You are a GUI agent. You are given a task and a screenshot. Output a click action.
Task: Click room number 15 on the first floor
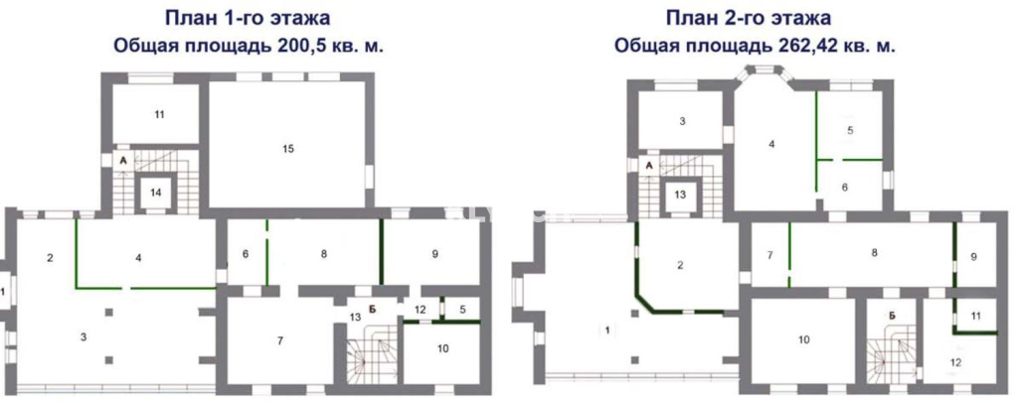click(288, 148)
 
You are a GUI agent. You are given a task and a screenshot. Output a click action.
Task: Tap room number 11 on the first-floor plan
click(160, 115)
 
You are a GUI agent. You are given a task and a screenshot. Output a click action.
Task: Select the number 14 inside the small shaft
click(156, 192)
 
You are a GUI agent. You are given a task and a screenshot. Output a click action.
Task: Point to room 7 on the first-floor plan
click(279, 341)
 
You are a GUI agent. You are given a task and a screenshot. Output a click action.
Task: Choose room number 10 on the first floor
click(442, 348)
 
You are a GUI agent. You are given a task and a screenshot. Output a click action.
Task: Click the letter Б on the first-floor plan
click(374, 310)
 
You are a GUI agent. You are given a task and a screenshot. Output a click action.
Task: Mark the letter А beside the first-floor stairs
click(122, 160)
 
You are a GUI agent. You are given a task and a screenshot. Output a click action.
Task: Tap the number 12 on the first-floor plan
click(421, 309)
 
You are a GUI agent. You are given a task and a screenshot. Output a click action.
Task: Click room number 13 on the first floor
click(354, 317)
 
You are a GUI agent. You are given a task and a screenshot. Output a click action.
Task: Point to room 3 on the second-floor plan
click(682, 121)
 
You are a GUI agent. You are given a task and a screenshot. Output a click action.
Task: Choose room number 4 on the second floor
click(771, 144)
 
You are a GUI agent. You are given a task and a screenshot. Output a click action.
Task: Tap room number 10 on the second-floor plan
click(803, 339)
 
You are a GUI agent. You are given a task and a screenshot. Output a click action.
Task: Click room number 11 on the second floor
click(976, 316)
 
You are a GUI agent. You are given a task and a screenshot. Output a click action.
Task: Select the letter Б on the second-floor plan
click(893, 316)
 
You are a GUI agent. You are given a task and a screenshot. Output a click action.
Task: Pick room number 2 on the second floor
click(680, 264)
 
